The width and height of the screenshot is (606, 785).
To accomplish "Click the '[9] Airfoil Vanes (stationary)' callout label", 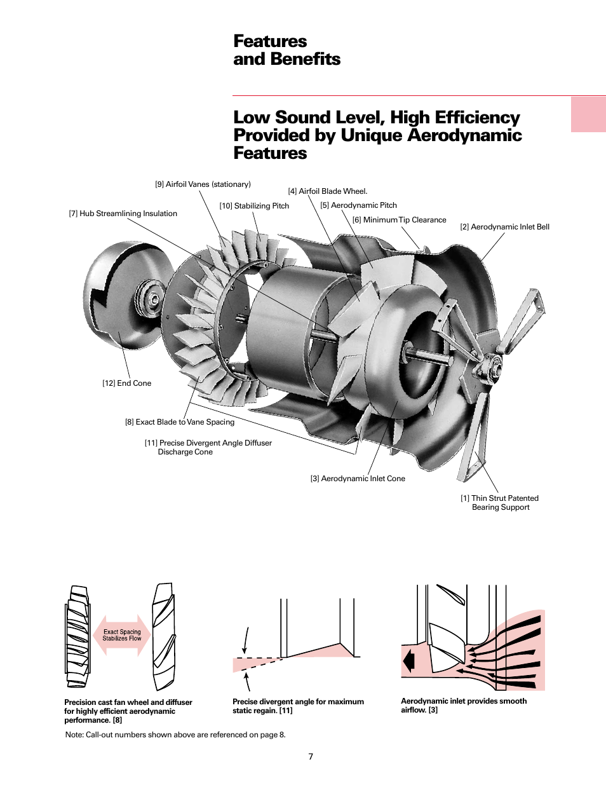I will coord(203,184).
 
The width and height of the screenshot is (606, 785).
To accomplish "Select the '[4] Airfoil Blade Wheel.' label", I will coord(327,191).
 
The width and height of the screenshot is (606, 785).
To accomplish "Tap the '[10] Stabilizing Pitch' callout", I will coord(254,206).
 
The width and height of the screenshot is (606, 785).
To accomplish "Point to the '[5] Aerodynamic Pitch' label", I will coord(358,205).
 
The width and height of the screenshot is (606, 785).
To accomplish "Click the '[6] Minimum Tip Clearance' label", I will coord(399,220).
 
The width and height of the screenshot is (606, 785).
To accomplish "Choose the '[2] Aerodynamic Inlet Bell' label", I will coord(504,227).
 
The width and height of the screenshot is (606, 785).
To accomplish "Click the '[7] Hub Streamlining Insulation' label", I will coord(123,214).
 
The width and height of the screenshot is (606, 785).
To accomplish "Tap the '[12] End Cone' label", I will coord(126,383).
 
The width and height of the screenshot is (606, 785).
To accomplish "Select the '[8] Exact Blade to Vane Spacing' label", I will coord(179,422).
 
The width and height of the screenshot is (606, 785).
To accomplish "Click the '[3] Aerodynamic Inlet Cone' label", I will coord(357,479).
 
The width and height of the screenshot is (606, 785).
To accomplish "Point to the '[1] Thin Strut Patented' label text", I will coord(499,498).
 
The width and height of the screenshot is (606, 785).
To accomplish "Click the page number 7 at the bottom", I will coord(311,756).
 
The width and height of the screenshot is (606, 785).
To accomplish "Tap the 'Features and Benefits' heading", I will coord(286,50).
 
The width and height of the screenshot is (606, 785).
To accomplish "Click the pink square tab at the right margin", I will coord(588,114).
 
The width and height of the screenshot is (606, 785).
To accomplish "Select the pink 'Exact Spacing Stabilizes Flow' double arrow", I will coord(122,635).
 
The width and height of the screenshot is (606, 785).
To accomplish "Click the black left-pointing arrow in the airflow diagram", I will coord(408,661).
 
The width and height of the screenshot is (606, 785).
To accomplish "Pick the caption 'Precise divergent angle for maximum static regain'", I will coord(298,706).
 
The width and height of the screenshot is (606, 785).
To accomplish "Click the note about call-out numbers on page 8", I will coord(175,735).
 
